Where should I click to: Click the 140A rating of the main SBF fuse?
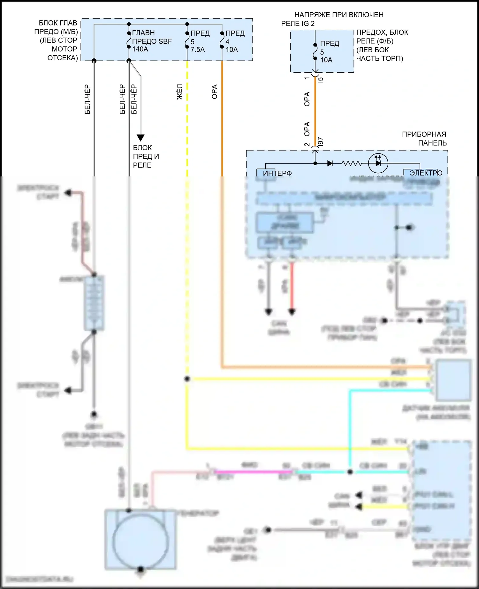point(140,49)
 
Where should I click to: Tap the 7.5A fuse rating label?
point(198,50)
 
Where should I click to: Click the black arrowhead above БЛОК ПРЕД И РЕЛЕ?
point(141,138)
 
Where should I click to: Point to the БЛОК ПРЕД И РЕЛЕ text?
point(146,156)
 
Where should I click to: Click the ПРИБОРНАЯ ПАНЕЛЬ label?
point(424,138)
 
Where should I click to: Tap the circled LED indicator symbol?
point(378,163)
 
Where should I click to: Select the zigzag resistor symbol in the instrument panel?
point(352,163)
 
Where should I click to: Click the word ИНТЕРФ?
point(277,173)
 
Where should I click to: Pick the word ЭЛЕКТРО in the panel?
point(426,173)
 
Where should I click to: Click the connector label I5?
point(321,79)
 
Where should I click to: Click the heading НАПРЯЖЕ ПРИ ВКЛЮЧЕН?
point(338,15)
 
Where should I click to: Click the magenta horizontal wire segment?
point(252,471)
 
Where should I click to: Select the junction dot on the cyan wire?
point(350,472)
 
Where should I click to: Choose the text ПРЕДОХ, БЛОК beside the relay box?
point(382,33)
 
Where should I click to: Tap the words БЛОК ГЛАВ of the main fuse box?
point(58,23)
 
